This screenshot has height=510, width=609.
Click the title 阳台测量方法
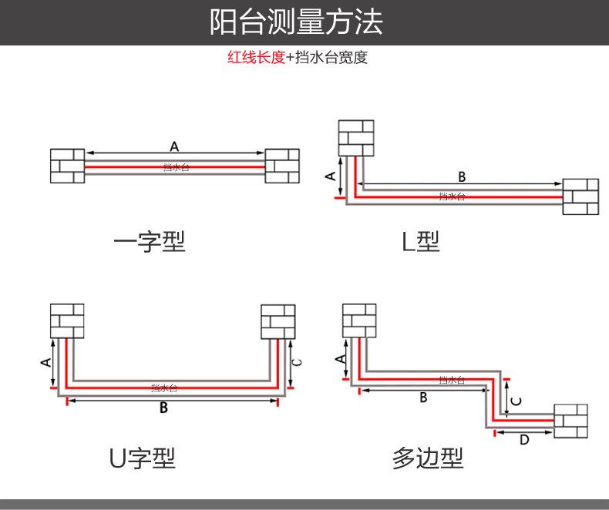[296, 22]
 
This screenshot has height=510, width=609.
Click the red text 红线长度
[256, 58]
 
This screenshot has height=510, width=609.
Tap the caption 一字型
[150, 242]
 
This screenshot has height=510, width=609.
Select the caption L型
[420, 242]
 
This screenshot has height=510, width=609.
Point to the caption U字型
[142, 458]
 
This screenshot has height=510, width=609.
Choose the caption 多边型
[428, 458]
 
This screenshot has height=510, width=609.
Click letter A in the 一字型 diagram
[174, 145]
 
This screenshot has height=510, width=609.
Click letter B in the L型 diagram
[462, 176]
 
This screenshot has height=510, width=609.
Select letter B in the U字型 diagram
[163, 408]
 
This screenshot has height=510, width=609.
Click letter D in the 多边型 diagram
[524, 441]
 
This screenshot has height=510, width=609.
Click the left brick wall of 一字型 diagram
[67, 166]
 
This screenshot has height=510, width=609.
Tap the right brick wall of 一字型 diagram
[282, 166]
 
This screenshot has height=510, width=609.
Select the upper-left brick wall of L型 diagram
[355, 137]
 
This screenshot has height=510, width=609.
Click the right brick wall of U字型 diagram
[278, 321]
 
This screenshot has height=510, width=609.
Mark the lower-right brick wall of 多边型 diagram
[570, 421]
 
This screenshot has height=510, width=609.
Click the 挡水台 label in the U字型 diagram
[164, 388]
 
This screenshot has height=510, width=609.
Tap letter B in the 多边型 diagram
[423, 398]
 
